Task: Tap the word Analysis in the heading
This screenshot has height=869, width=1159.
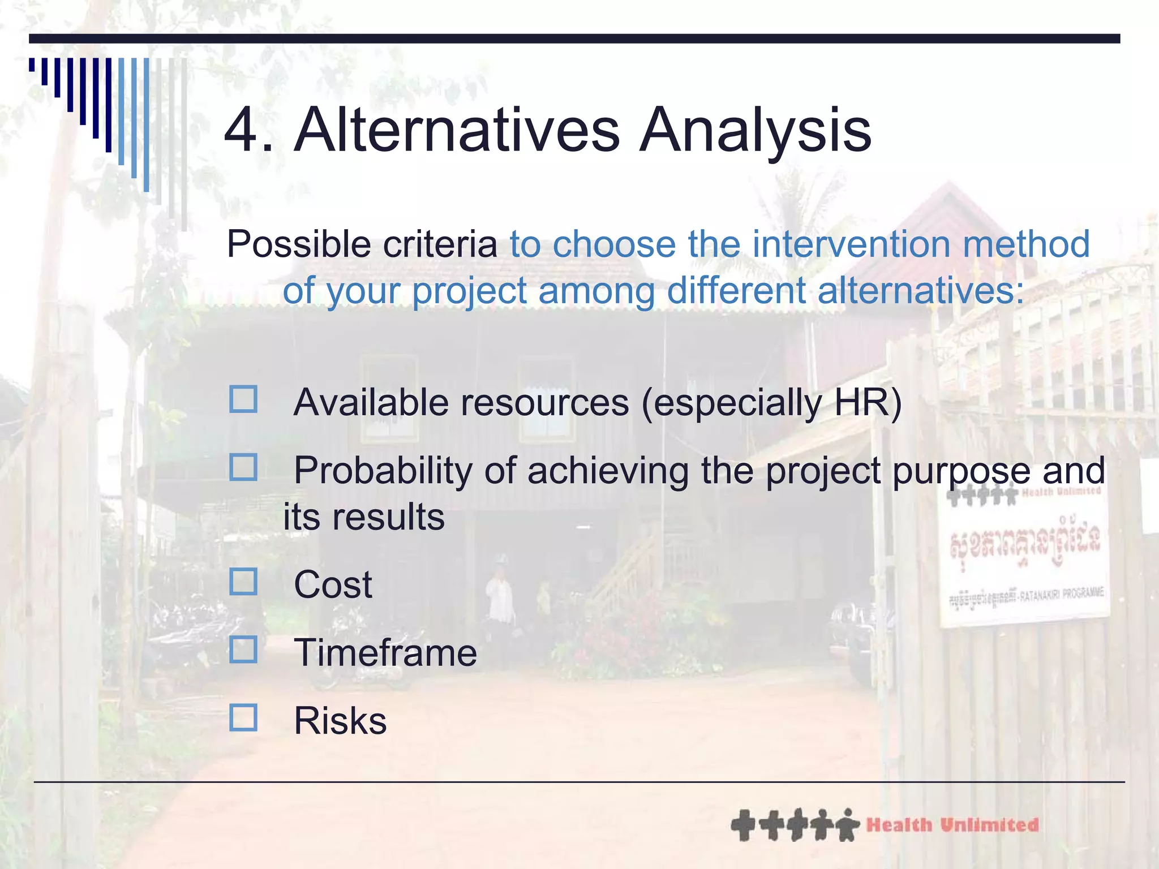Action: [x=755, y=131]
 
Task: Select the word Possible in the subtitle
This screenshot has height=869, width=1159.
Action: [x=299, y=244]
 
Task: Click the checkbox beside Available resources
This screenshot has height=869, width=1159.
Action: [x=243, y=399]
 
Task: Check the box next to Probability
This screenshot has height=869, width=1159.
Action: [x=243, y=467]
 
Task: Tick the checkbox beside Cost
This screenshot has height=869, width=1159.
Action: [x=243, y=582]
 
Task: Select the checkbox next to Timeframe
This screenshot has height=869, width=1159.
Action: [x=243, y=649]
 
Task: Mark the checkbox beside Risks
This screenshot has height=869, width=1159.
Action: [x=243, y=717]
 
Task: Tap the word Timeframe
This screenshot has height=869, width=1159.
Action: [x=385, y=653]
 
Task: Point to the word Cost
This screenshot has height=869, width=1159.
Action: [x=333, y=585]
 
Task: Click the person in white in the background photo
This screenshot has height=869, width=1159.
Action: [x=500, y=600]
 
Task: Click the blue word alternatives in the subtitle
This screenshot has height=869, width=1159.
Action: [x=920, y=291]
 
